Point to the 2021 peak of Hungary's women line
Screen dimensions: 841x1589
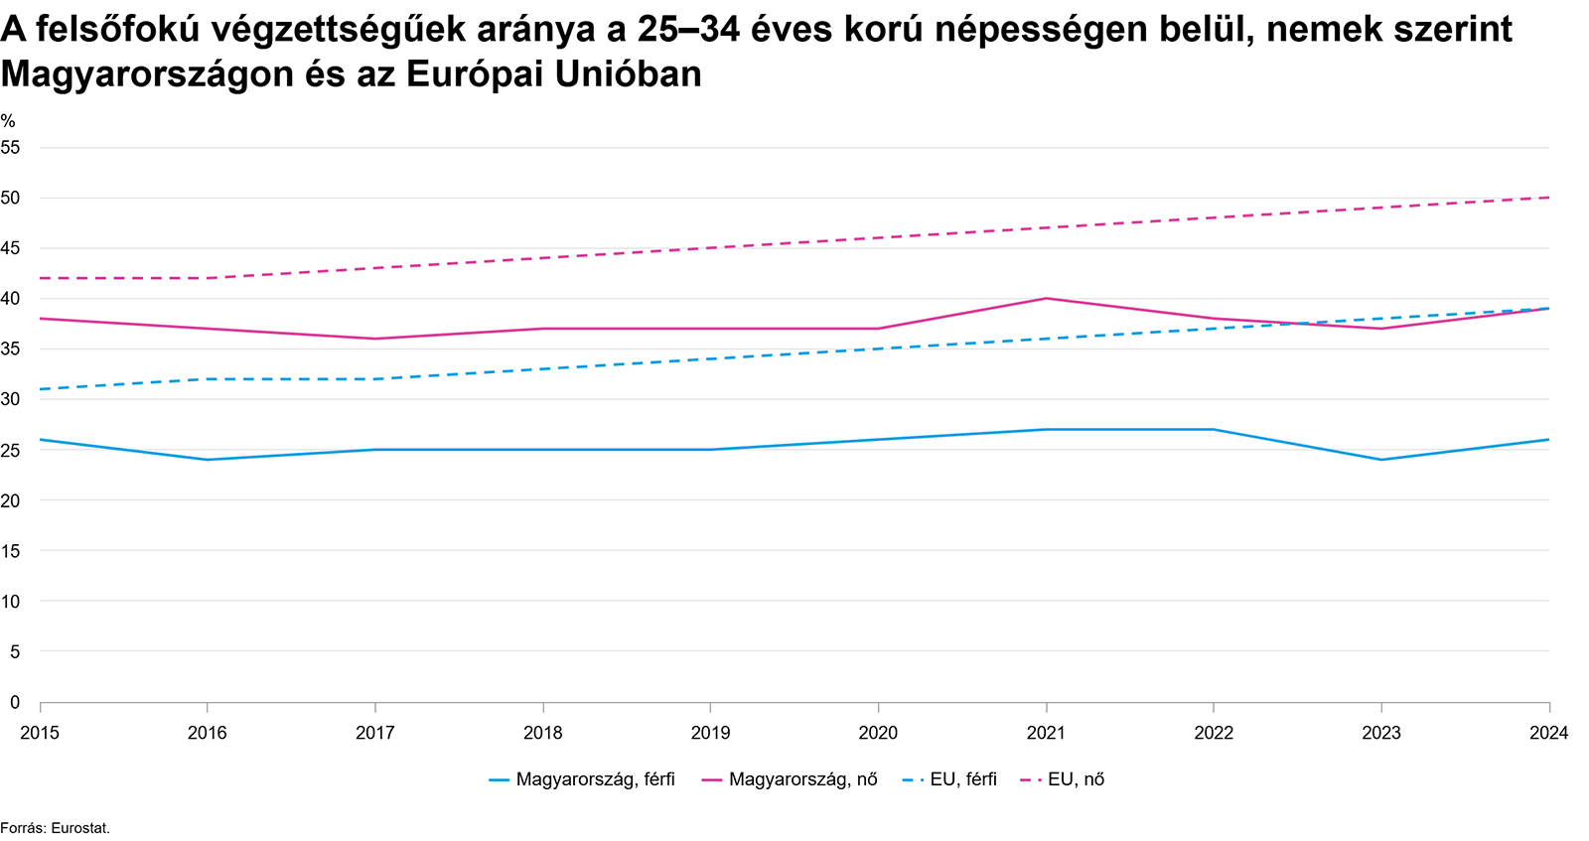point(1046,298)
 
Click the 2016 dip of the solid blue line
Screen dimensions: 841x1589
point(207,460)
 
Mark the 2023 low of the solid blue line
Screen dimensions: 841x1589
point(1380,460)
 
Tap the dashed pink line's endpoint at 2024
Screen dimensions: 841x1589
point(1548,198)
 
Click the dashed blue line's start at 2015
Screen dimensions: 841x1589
point(41,389)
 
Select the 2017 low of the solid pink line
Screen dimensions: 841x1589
point(374,339)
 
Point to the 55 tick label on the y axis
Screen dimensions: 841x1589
point(11,147)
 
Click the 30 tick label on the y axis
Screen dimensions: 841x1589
point(11,399)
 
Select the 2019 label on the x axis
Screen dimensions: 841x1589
point(710,733)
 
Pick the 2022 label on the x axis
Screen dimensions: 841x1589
point(1213,733)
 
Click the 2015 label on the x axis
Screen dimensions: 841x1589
point(40,733)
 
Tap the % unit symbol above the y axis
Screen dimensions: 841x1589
point(8,121)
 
